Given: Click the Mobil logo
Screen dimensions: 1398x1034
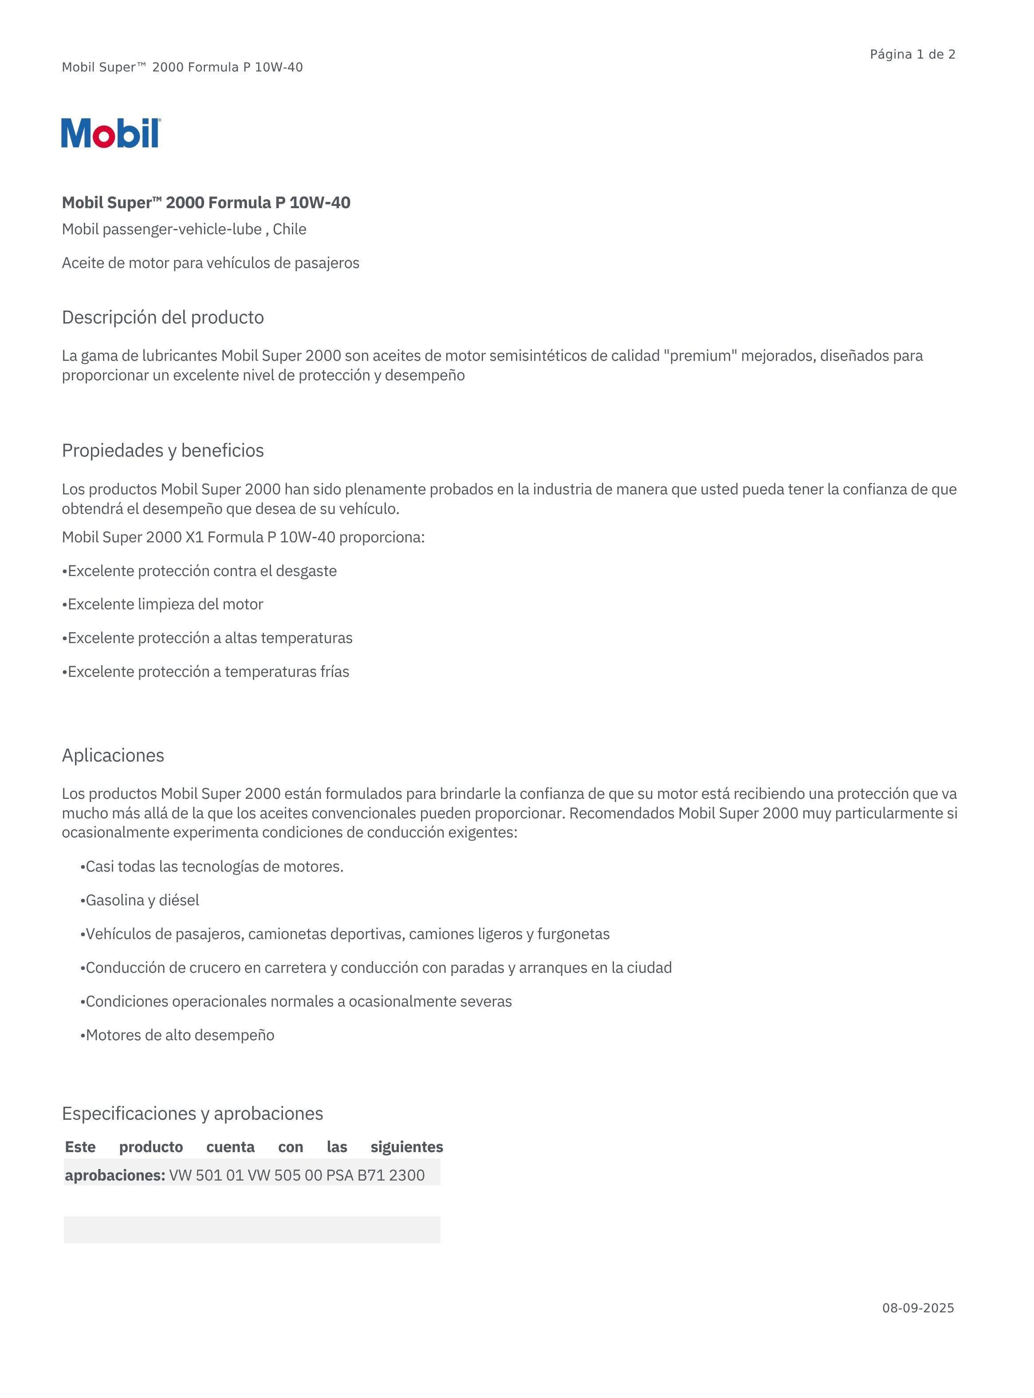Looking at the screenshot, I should (x=111, y=133).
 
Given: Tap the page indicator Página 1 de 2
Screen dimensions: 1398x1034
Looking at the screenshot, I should (x=912, y=55).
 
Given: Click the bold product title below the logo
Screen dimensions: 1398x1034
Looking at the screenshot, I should (x=206, y=203).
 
